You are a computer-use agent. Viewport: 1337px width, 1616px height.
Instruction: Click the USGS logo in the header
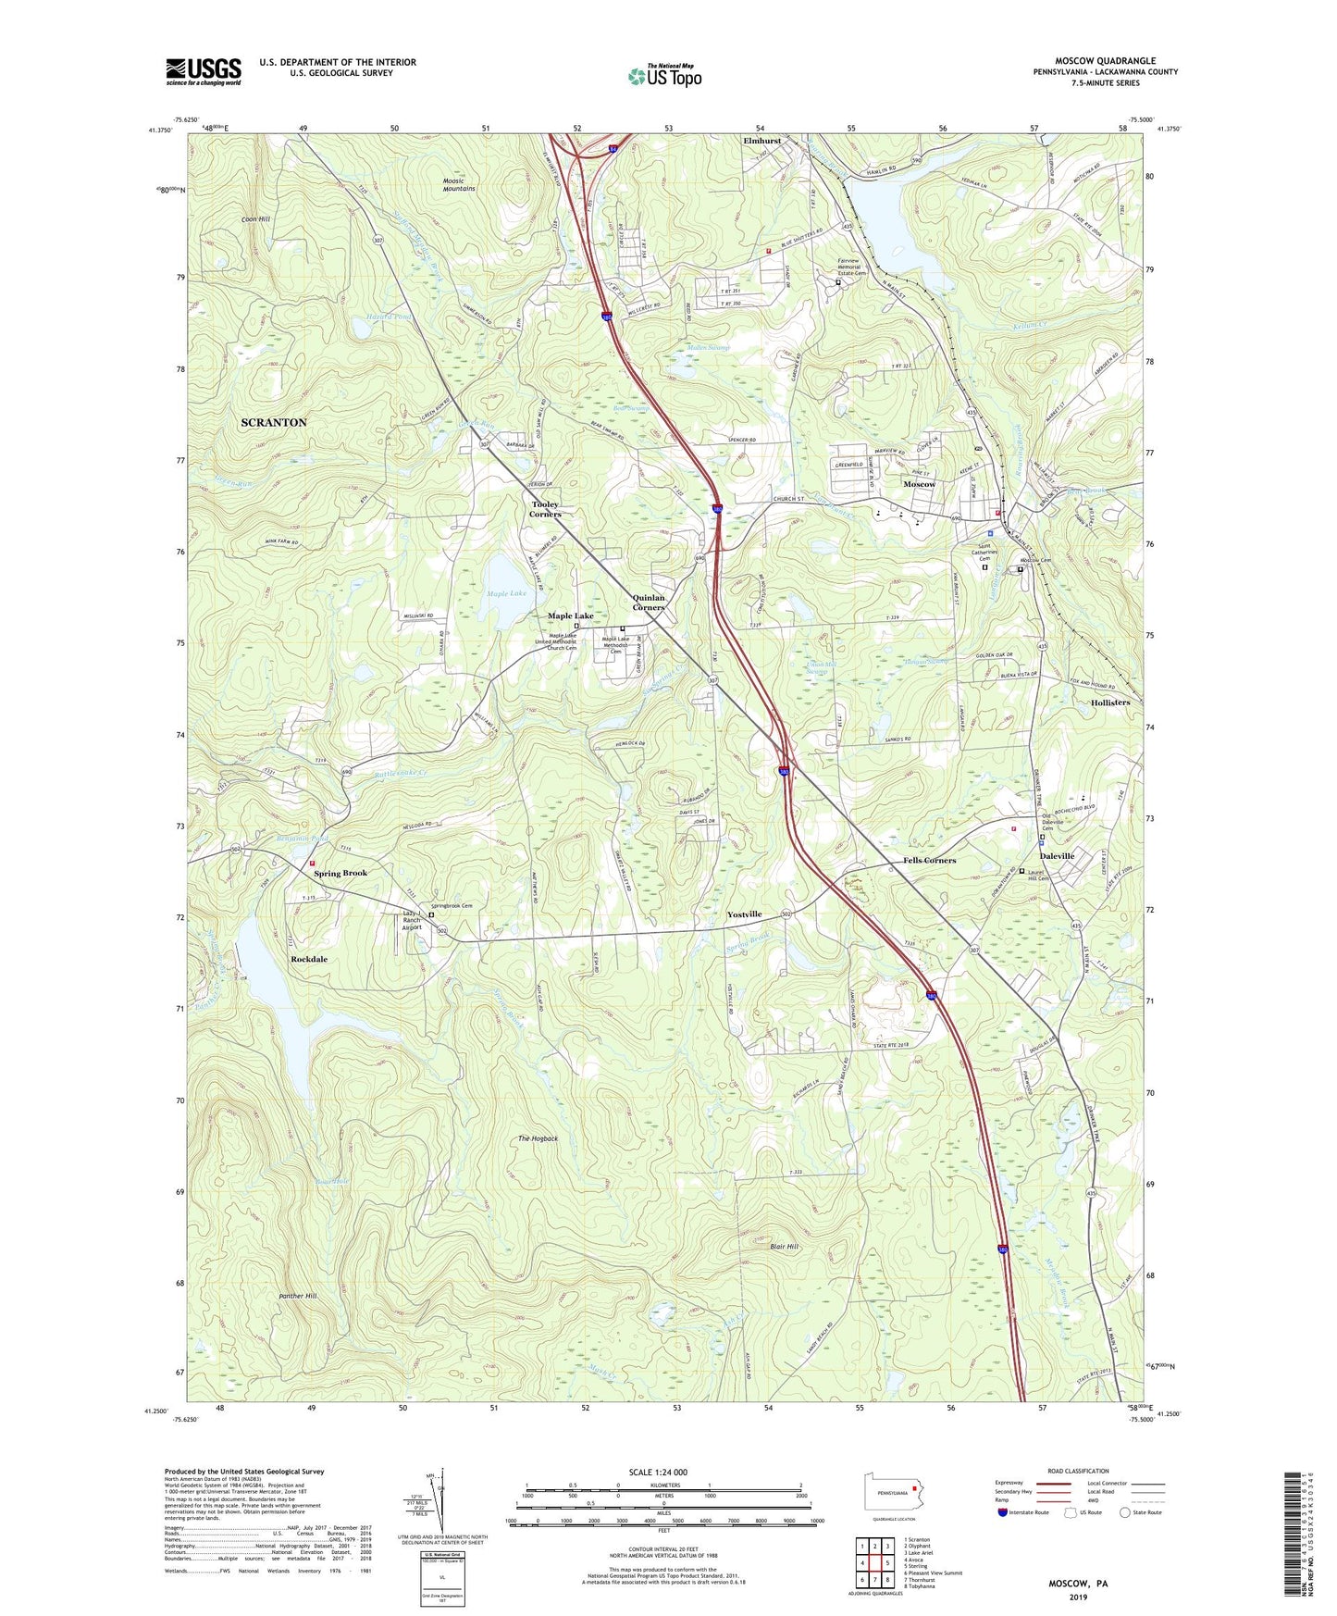204,71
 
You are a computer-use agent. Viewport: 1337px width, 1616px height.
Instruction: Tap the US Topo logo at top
664,76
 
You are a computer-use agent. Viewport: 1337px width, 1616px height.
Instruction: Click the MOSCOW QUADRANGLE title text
1105,61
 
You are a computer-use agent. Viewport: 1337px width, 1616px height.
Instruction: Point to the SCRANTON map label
273,423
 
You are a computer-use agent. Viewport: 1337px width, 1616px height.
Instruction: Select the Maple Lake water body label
506,593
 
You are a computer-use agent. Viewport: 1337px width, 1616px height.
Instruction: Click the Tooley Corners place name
545,509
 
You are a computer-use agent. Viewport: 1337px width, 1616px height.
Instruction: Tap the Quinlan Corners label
648,603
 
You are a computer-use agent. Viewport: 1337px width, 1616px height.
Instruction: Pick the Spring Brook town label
340,873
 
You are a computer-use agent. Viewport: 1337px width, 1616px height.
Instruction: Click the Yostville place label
744,914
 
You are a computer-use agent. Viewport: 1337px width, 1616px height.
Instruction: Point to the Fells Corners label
929,861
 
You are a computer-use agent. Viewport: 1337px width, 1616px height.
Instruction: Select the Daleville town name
1057,856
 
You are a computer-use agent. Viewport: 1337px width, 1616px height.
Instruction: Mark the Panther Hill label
298,1296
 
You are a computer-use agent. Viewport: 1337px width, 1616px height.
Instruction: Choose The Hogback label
538,1138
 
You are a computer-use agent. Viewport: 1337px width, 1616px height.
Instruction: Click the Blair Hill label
784,1247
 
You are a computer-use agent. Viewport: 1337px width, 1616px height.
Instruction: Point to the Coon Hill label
255,219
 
